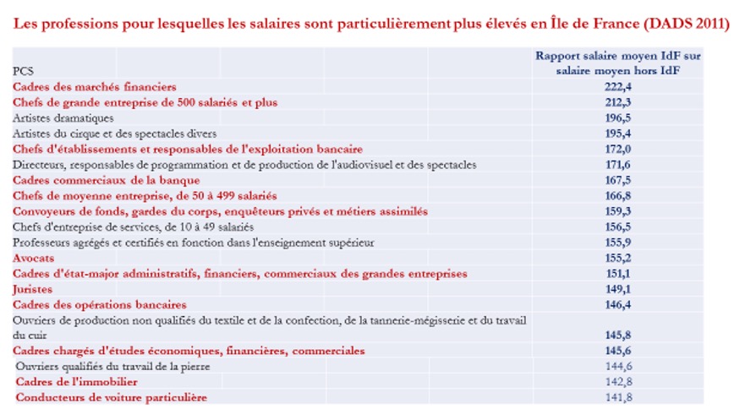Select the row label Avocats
pos(32,258)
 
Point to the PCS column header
pos(23,71)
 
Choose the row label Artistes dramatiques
pos(63,117)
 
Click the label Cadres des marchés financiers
pos(95,86)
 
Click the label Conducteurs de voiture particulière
pos(111,397)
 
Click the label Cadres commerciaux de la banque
pos(107,180)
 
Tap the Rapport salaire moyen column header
pos(618,63)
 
